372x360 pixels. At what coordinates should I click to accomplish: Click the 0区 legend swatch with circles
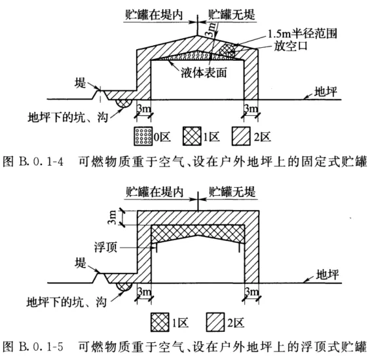143,136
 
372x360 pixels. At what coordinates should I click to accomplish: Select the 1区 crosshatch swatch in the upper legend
192,136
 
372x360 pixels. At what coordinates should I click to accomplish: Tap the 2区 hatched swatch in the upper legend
241,136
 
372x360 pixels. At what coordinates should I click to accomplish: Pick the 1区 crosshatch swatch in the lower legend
160,322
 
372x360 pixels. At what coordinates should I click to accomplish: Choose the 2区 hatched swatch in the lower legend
215,322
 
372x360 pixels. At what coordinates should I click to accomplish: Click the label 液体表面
204,73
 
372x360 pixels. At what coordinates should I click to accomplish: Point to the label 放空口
291,46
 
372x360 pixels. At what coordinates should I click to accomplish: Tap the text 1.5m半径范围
303,33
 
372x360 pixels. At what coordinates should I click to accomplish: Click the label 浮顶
105,247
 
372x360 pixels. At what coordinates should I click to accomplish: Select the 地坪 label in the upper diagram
325,92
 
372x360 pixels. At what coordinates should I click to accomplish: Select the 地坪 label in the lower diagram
327,275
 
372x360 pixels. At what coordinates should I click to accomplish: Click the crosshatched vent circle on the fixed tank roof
227,50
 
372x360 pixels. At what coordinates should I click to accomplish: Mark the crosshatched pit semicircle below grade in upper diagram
123,103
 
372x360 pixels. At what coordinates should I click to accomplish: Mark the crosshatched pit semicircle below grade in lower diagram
124,287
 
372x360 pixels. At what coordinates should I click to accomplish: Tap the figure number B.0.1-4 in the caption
41,162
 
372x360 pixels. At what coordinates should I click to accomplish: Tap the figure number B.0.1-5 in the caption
41,347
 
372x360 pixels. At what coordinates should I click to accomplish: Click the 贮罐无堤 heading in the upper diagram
232,14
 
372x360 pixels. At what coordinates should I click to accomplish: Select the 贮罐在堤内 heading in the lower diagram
155,192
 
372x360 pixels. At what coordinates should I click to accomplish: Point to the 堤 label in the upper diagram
80,82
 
